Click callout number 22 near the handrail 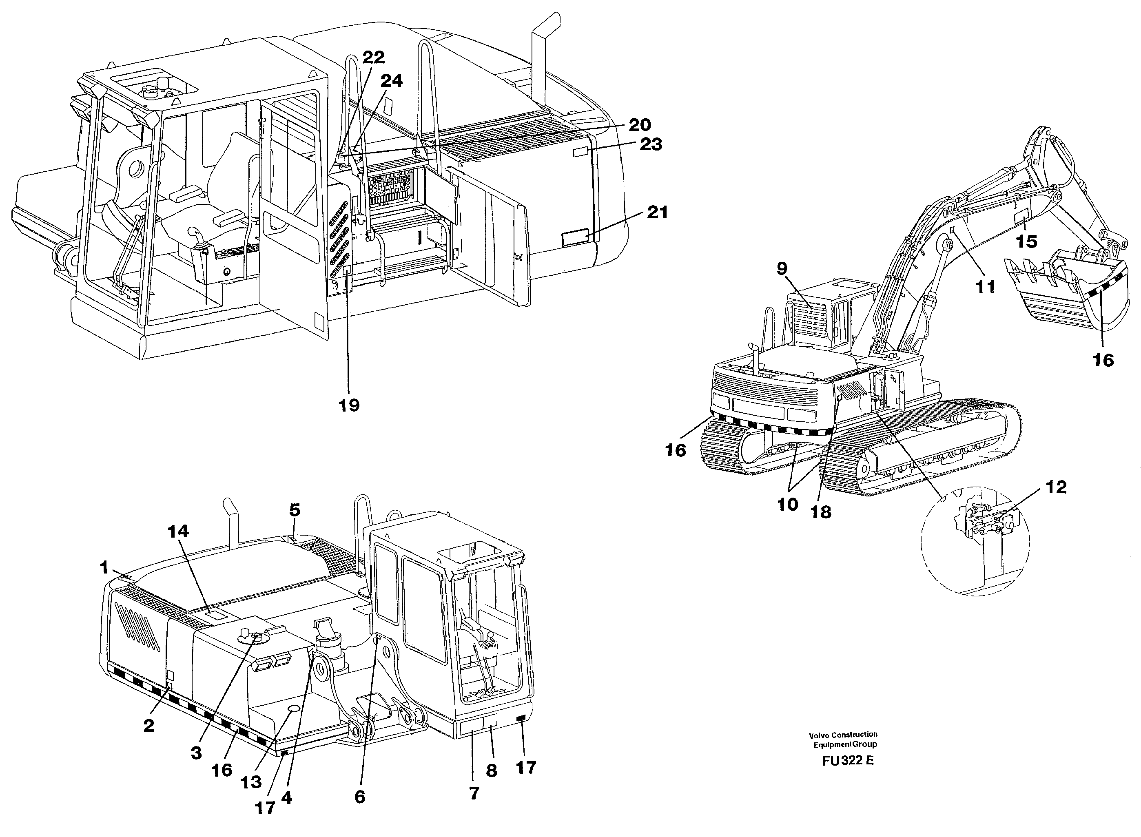point(373,57)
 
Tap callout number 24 point(391,80)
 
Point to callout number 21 point(657,212)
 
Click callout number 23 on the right point(651,144)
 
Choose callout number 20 point(640,125)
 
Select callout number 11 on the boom point(986,287)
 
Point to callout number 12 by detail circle point(1055,487)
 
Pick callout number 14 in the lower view point(178,531)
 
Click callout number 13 point(251,782)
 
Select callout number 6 point(359,797)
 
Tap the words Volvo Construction point(843,734)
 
